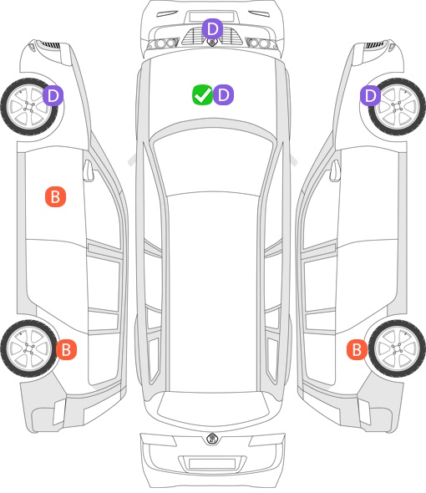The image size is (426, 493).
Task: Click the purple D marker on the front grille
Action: [x=212, y=28]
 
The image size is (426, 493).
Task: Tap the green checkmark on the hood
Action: [x=203, y=94]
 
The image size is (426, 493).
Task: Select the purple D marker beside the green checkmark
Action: [x=224, y=94]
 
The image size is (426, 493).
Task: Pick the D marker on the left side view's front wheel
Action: [x=53, y=95]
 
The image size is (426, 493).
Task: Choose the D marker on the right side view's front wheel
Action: [x=371, y=95]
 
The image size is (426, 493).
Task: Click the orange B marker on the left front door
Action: [x=56, y=197]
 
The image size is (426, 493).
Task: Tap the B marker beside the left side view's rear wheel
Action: [x=66, y=349]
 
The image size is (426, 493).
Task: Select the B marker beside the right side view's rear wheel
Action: [x=358, y=349]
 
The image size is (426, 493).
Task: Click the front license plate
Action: [x=211, y=17]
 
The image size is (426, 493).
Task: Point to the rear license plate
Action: [x=212, y=464]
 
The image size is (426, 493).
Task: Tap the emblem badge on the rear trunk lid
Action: [x=212, y=439]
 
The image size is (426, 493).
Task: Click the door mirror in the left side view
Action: [x=89, y=170]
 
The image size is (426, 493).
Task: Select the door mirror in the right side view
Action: [x=335, y=170]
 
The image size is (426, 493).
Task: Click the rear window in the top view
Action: [x=213, y=405]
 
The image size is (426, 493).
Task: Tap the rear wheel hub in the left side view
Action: [x=29, y=348]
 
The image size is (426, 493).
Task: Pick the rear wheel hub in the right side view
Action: [x=398, y=348]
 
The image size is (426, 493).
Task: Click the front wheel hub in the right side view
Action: [x=398, y=107]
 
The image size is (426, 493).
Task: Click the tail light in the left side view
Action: [x=59, y=412]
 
